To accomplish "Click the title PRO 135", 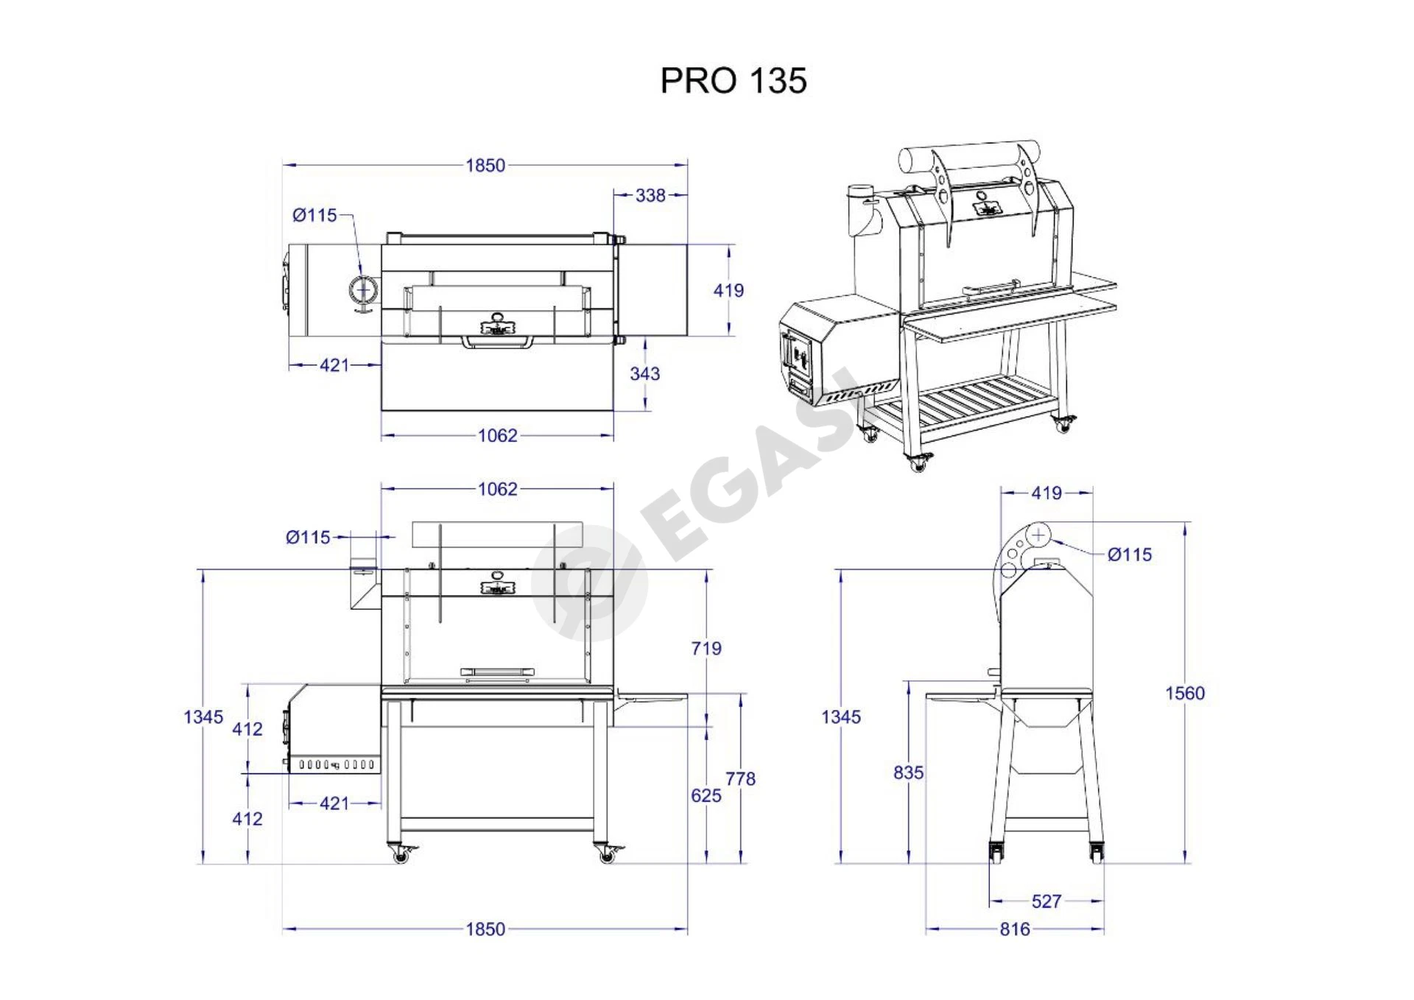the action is coord(733,80).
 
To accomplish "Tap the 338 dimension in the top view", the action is coord(650,195).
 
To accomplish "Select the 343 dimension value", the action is coord(644,373).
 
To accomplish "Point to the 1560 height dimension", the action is coord(1185,693).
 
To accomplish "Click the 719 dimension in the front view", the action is coord(706,648).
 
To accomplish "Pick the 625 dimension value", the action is coord(706,795).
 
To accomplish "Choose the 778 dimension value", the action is coord(740,778).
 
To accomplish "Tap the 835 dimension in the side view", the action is coord(908,772).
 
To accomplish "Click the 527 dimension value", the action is coord(1047,901).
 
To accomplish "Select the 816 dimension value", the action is coord(1015,929).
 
